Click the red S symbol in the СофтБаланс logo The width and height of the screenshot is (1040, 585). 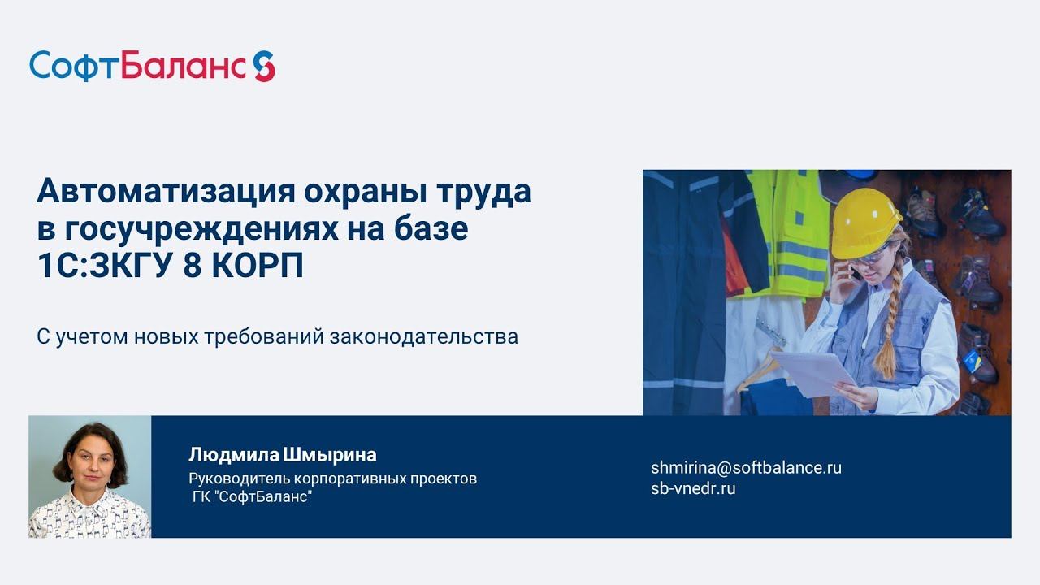[264, 66]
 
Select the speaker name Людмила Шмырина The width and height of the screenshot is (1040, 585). [282, 454]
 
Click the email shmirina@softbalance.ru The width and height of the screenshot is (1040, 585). [746, 468]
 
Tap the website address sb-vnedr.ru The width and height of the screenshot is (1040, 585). [693, 488]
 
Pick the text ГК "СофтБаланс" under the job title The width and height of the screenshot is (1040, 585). [252, 496]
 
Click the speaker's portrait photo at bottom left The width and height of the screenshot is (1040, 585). [90, 477]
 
